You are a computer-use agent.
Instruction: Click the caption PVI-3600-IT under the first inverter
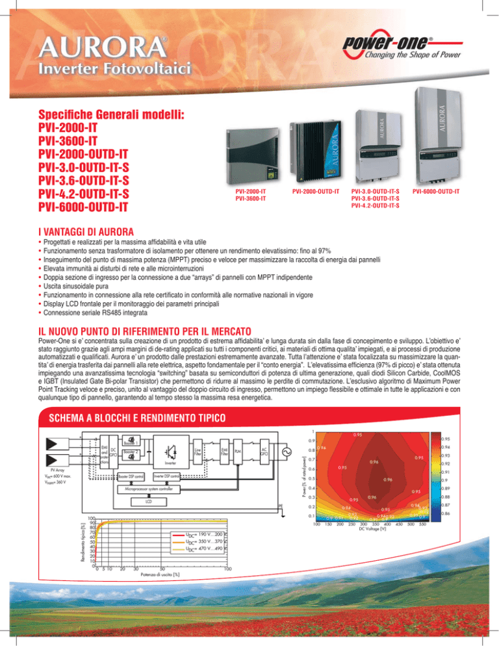(249, 199)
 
